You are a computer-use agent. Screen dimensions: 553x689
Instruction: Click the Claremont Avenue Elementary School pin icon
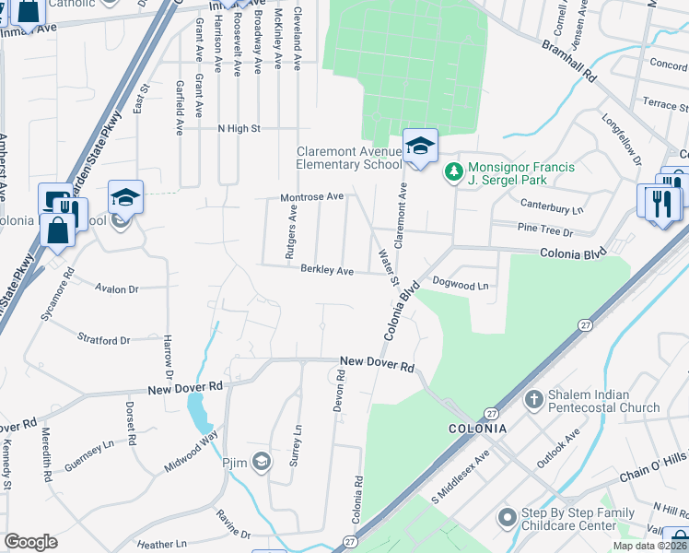420,147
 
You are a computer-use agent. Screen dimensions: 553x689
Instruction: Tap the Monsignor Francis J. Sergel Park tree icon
453,172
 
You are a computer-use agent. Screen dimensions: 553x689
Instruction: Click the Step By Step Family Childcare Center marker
507,519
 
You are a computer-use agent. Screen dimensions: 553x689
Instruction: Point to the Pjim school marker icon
262,462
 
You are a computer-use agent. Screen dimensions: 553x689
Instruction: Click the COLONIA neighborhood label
477,429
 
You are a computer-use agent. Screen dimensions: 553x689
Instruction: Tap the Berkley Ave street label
327,271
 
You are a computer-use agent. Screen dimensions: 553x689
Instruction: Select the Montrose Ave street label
312,197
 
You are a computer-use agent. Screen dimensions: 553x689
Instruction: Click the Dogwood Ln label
460,286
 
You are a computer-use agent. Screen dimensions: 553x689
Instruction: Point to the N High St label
239,129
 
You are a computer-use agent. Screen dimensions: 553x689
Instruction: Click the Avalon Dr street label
117,288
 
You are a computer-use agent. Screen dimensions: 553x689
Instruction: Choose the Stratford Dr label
103,340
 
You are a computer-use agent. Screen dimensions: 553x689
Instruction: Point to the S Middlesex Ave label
461,476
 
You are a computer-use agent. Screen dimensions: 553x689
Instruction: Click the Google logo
30,542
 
